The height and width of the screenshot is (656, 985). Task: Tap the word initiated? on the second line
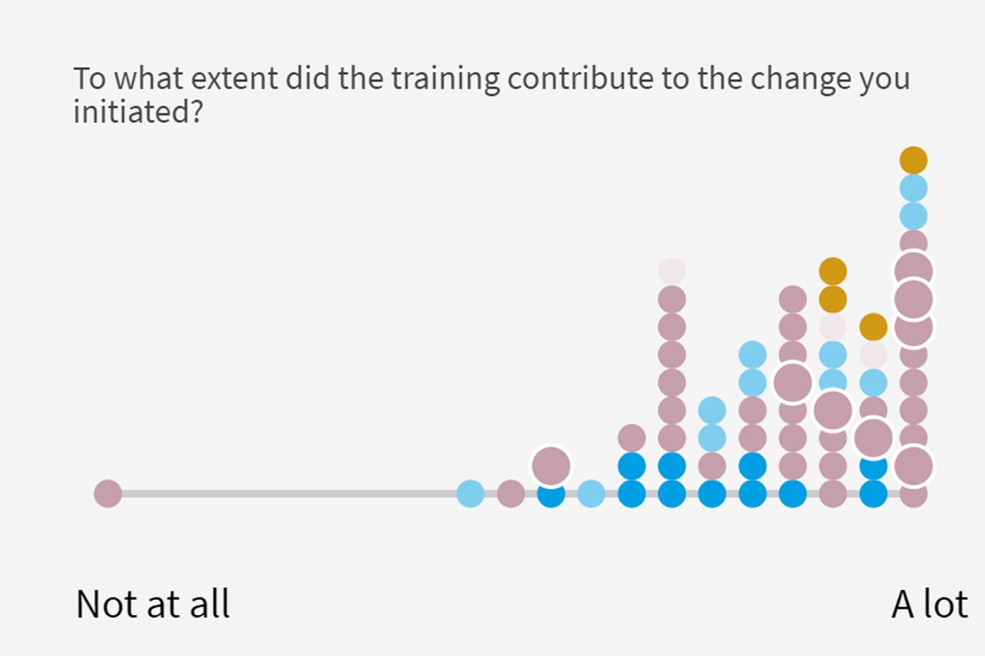(x=138, y=111)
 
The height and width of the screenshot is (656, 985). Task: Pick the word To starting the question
(x=90, y=78)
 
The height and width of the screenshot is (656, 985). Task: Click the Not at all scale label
(x=153, y=604)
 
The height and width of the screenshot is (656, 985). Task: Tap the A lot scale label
(x=930, y=604)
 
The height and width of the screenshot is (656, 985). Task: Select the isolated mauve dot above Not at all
(x=108, y=494)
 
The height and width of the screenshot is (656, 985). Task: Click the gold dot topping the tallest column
(x=913, y=160)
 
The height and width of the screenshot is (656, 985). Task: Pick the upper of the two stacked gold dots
(x=833, y=271)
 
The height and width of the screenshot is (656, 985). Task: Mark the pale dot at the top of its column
(x=672, y=271)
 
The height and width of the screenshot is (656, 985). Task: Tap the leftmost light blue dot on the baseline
(x=471, y=494)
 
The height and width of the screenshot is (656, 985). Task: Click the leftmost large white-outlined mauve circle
(x=551, y=466)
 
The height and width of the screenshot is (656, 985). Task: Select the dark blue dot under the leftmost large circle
(x=551, y=496)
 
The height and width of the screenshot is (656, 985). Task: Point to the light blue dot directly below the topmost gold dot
(x=913, y=188)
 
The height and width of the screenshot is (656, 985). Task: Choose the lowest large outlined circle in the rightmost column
(x=913, y=466)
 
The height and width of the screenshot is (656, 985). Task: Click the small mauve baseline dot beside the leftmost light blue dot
(x=511, y=494)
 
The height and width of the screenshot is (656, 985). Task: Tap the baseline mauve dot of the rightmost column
(x=913, y=496)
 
